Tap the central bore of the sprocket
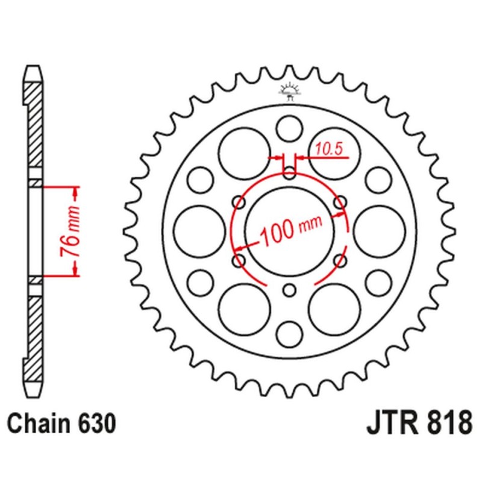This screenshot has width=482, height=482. pos(290,230)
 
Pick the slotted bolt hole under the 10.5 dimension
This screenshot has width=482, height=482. pos(290,169)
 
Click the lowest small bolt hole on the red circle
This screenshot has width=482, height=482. pos(290,290)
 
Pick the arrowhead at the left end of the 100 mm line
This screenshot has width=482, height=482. pos(240,247)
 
